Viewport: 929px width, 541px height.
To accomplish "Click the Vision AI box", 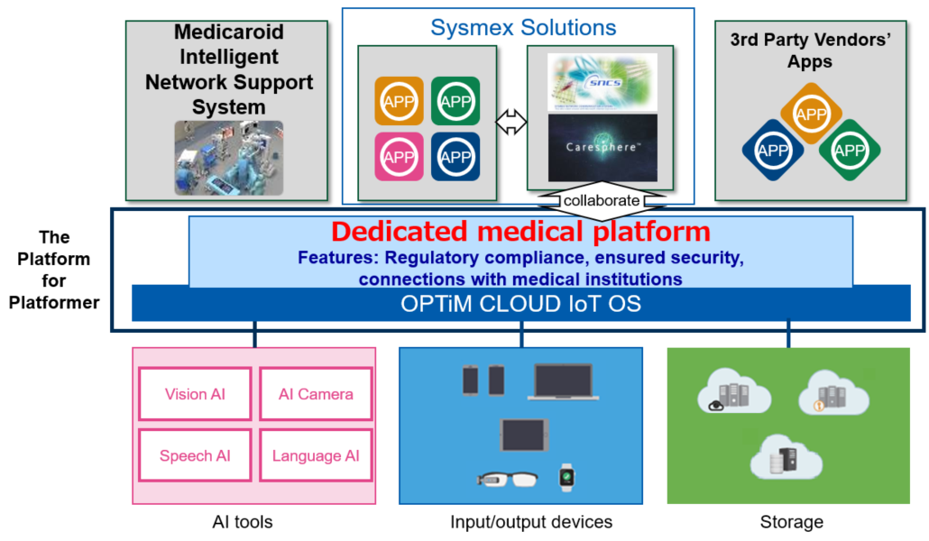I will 195,394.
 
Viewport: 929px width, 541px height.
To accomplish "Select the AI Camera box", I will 316,394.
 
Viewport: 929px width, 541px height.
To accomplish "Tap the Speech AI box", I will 195,455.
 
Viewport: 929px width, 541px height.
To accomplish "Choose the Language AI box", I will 316,455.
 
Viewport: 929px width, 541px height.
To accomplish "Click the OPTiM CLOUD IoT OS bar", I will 520,304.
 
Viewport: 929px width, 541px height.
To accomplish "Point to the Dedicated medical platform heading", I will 520,232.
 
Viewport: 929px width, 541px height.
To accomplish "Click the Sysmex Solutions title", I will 523,27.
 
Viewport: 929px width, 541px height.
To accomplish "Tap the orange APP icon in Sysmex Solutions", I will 398,100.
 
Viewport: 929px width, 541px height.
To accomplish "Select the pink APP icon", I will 398,156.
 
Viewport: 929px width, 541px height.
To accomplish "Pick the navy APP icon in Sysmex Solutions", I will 455,156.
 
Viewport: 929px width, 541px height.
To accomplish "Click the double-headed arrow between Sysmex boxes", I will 511,123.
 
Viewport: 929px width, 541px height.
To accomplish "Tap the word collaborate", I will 602,201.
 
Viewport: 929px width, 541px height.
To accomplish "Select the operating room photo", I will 228,158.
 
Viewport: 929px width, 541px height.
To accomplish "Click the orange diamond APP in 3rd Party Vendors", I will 811,114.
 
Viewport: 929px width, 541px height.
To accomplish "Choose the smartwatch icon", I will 566,476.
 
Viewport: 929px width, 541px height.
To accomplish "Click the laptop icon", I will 562,381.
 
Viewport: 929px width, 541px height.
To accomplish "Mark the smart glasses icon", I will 508,478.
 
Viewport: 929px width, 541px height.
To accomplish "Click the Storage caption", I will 791,521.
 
